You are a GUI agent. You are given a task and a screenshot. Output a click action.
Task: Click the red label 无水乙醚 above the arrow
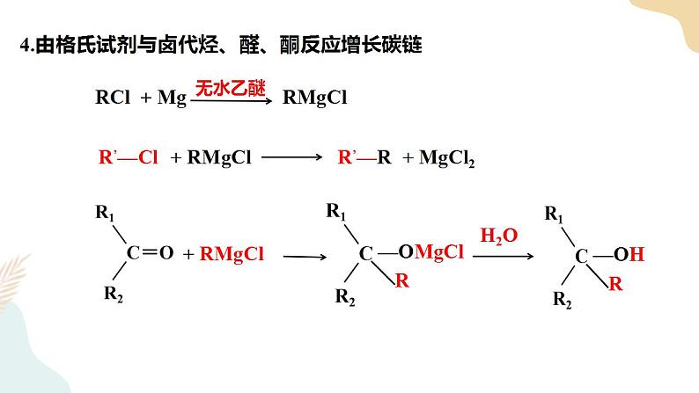tap(231, 88)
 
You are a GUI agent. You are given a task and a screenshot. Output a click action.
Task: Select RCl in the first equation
tap(113, 97)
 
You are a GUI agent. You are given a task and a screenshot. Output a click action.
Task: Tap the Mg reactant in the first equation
tap(172, 98)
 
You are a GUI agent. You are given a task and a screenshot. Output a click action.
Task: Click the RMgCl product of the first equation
tap(315, 98)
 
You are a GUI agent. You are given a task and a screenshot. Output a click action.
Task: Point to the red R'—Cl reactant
tap(129, 157)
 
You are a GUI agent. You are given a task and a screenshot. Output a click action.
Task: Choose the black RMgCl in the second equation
tap(219, 158)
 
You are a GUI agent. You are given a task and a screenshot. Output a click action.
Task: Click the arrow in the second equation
tap(292, 156)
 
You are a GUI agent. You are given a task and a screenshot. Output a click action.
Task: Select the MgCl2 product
tap(446, 158)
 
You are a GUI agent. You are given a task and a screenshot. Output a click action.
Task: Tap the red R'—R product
tap(364, 157)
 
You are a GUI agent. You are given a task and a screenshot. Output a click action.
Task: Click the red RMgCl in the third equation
tap(232, 254)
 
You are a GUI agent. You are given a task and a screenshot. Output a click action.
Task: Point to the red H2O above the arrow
tap(499, 236)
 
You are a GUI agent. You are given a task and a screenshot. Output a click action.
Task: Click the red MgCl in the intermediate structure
tap(439, 252)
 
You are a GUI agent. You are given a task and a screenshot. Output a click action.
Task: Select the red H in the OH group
tap(637, 255)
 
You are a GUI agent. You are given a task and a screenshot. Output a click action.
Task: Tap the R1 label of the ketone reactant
tap(105, 213)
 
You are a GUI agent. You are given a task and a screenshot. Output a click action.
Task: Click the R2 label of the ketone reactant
tap(114, 295)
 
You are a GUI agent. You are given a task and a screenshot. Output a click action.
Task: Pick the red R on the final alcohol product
tap(615, 283)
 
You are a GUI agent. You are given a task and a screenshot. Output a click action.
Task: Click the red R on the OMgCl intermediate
tap(402, 280)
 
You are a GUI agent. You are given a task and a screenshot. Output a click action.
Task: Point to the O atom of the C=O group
tap(166, 253)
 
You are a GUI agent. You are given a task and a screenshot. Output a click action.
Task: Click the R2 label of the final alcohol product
tap(563, 300)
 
